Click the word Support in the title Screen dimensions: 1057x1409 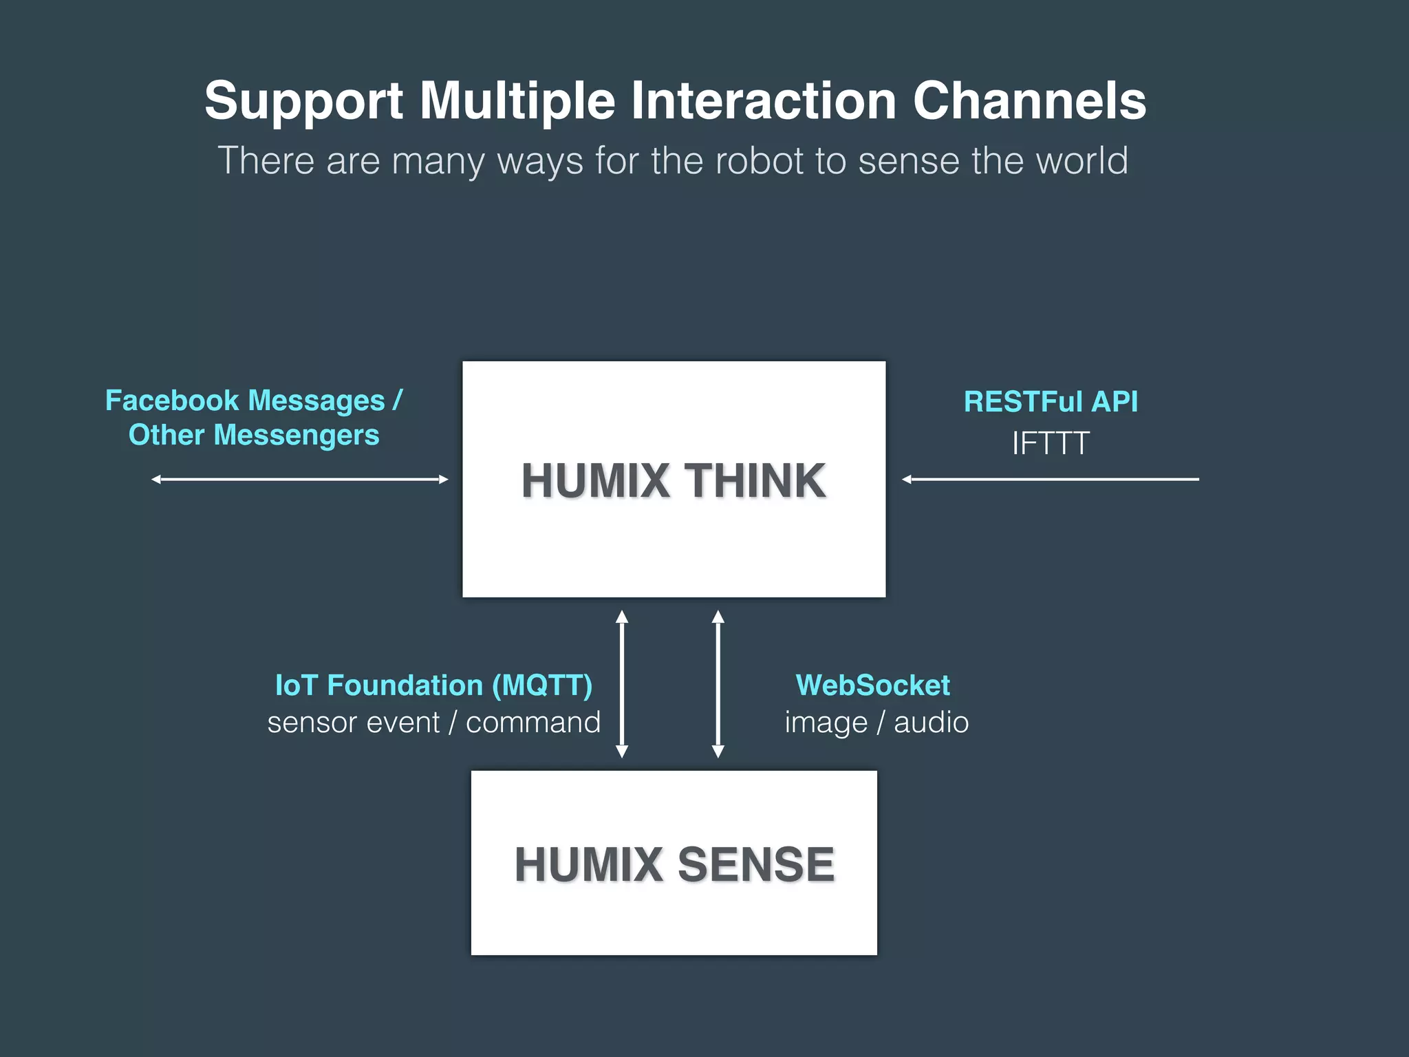pyautogui.click(x=303, y=102)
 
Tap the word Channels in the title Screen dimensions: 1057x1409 pyautogui.click(x=1029, y=100)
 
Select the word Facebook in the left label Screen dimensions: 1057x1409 pyautogui.click(x=172, y=401)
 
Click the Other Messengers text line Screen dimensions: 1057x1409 pyautogui.click(x=254, y=435)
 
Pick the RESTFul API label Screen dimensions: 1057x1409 pyautogui.click(x=1051, y=402)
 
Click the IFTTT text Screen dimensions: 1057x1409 pyautogui.click(x=1051, y=443)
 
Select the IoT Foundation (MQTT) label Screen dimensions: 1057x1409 pyautogui.click(x=433, y=685)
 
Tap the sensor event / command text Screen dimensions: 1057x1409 pyautogui.click(x=433, y=723)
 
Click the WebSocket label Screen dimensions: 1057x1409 pyautogui.click(x=872, y=685)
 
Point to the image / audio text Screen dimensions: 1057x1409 pyautogui.click(x=876, y=723)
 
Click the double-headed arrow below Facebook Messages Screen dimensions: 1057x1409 pyautogui.click(x=300, y=479)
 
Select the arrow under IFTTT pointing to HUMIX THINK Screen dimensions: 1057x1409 pyautogui.click(x=1050, y=479)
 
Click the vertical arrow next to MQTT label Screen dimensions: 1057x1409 pyautogui.click(x=622, y=684)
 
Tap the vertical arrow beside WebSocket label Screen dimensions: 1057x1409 pyautogui.click(x=718, y=684)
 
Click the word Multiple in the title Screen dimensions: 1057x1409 pyautogui.click(x=517, y=100)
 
